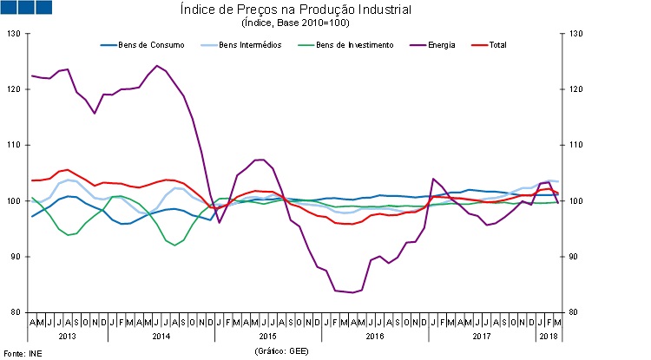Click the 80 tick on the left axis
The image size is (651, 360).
14,312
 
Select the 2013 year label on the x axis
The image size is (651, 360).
69,335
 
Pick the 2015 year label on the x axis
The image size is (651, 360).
267,335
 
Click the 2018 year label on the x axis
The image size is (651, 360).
548,335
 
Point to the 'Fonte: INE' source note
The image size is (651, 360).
23,353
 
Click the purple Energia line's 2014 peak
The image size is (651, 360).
157,66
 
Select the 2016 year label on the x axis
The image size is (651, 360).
375,335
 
